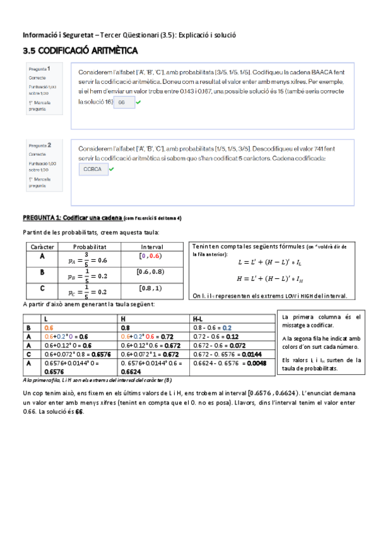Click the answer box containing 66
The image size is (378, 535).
tap(123, 102)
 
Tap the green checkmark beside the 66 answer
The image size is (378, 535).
tap(138, 102)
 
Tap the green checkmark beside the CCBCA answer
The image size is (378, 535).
tap(112, 169)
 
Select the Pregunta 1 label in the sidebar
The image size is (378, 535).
tap(40, 68)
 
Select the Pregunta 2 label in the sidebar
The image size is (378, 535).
tap(40, 144)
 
